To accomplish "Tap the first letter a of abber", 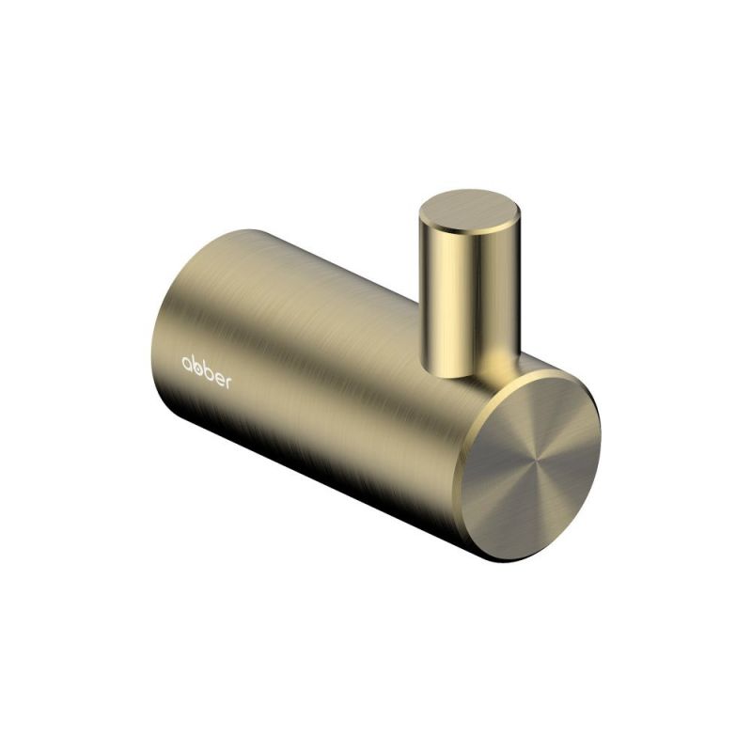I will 187,363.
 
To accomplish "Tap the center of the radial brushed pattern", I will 535,463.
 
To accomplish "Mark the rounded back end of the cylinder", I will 174,357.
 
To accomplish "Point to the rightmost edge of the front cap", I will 600,442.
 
